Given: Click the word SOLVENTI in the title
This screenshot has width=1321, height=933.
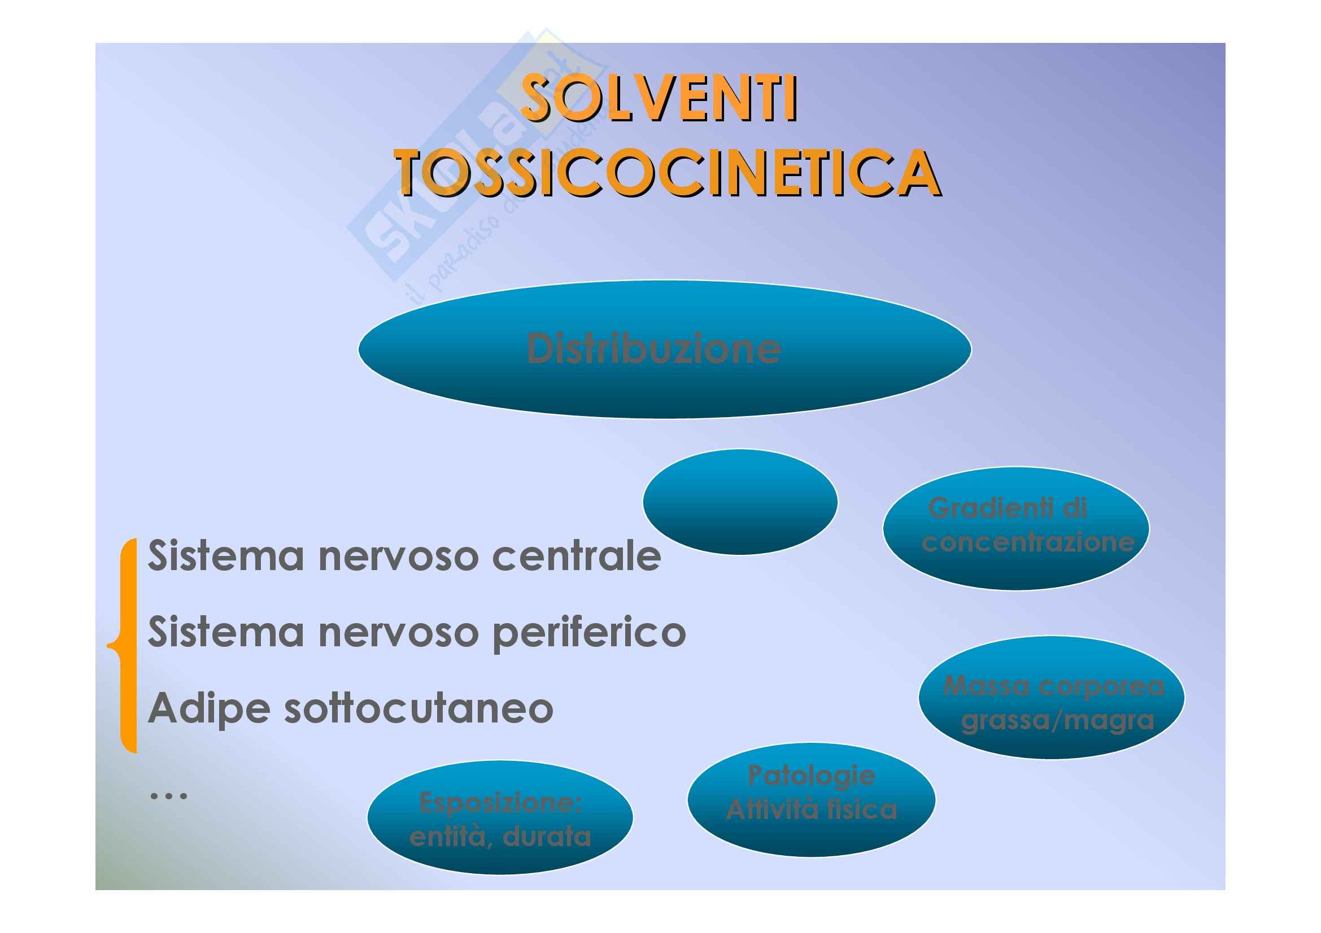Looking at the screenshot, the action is [x=659, y=99].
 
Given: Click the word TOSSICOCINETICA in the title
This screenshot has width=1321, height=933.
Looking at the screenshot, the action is [x=668, y=173].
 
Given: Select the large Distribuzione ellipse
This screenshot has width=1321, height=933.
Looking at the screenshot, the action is [x=665, y=349].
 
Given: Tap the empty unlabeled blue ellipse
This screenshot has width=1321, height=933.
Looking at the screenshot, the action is [x=740, y=502].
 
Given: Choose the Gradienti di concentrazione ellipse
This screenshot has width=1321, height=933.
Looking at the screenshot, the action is [x=1016, y=529].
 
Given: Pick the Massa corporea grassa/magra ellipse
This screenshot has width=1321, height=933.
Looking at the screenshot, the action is [x=1052, y=697].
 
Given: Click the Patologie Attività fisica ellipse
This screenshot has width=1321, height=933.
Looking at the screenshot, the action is [x=811, y=800].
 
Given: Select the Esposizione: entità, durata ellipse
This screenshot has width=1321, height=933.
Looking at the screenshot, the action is [x=500, y=817].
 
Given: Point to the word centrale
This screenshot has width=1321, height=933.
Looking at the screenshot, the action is [x=577, y=557].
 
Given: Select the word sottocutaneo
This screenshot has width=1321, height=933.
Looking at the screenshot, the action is [x=419, y=709].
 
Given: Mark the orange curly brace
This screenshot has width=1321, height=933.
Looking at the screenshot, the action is [x=124, y=646].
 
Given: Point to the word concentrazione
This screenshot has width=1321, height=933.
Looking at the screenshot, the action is [x=1028, y=542].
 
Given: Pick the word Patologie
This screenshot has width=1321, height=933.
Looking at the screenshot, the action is [x=811, y=777].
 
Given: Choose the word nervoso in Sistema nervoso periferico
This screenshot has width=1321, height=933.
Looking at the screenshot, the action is [x=398, y=632].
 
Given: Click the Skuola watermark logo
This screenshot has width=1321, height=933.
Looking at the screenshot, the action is [x=460, y=167].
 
